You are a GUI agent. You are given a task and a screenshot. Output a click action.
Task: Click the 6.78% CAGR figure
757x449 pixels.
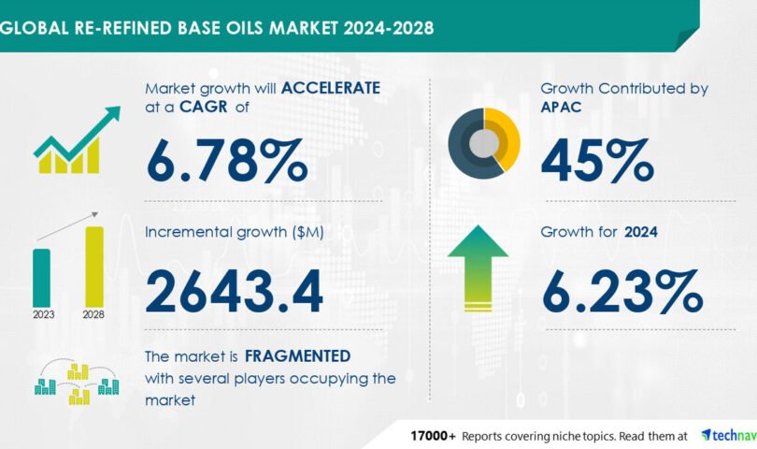(x=226, y=161)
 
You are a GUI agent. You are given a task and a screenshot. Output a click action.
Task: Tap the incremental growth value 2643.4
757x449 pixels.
(x=235, y=292)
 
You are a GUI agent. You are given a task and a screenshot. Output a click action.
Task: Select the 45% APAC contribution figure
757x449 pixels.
(x=597, y=161)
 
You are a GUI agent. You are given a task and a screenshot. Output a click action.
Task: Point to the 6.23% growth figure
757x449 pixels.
(x=621, y=292)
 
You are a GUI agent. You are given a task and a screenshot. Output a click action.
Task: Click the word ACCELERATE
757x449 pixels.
(x=331, y=88)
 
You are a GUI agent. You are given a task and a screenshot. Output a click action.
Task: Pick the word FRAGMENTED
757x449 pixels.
(x=297, y=356)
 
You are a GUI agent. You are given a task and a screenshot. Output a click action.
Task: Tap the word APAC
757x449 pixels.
(x=561, y=107)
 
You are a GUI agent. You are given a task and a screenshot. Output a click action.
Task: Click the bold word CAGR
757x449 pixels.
(x=203, y=107)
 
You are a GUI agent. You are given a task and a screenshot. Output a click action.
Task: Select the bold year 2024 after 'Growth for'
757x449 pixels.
(x=641, y=232)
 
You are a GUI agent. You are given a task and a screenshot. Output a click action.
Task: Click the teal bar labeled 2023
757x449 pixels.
(x=41, y=278)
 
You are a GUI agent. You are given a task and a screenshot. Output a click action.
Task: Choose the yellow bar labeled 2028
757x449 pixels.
(x=94, y=267)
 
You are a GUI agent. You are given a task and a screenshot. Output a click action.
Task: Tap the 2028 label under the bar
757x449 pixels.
(x=93, y=314)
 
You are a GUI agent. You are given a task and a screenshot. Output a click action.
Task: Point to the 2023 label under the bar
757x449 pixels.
(x=43, y=314)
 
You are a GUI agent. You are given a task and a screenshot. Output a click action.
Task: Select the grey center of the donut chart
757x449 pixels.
(x=484, y=143)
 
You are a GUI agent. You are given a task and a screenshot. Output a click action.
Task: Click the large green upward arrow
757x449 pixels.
(x=478, y=268)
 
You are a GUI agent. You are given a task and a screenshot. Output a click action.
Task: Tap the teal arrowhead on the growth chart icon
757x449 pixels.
(x=113, y=113)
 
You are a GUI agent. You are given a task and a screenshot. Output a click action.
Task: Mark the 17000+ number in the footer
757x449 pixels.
(x=433, y=436)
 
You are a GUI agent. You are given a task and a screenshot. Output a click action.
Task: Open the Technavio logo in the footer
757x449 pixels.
(x=729, y=436)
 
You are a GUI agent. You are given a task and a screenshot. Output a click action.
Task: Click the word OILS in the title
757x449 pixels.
(x=245, y=28)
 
